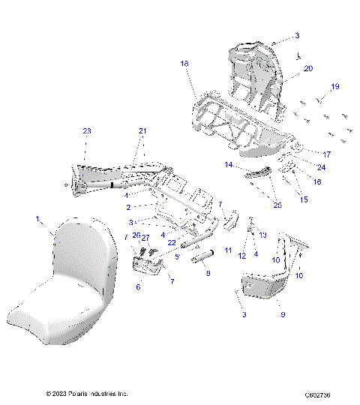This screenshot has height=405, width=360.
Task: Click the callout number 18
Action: coord(184,64)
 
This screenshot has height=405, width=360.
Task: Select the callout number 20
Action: coord(307,68)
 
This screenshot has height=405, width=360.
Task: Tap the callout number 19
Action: coord(334,86)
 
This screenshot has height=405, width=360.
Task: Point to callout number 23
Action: coord(86,130)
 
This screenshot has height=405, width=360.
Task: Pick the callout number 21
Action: coord(142,130)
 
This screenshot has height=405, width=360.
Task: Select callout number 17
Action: coord(327,154)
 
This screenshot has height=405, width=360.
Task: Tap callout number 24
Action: coord(321,167)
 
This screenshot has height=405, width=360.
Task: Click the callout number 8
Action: coord(208,274)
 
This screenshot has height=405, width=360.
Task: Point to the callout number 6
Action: coord(138,286)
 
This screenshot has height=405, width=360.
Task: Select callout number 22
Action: coord(172,242)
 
